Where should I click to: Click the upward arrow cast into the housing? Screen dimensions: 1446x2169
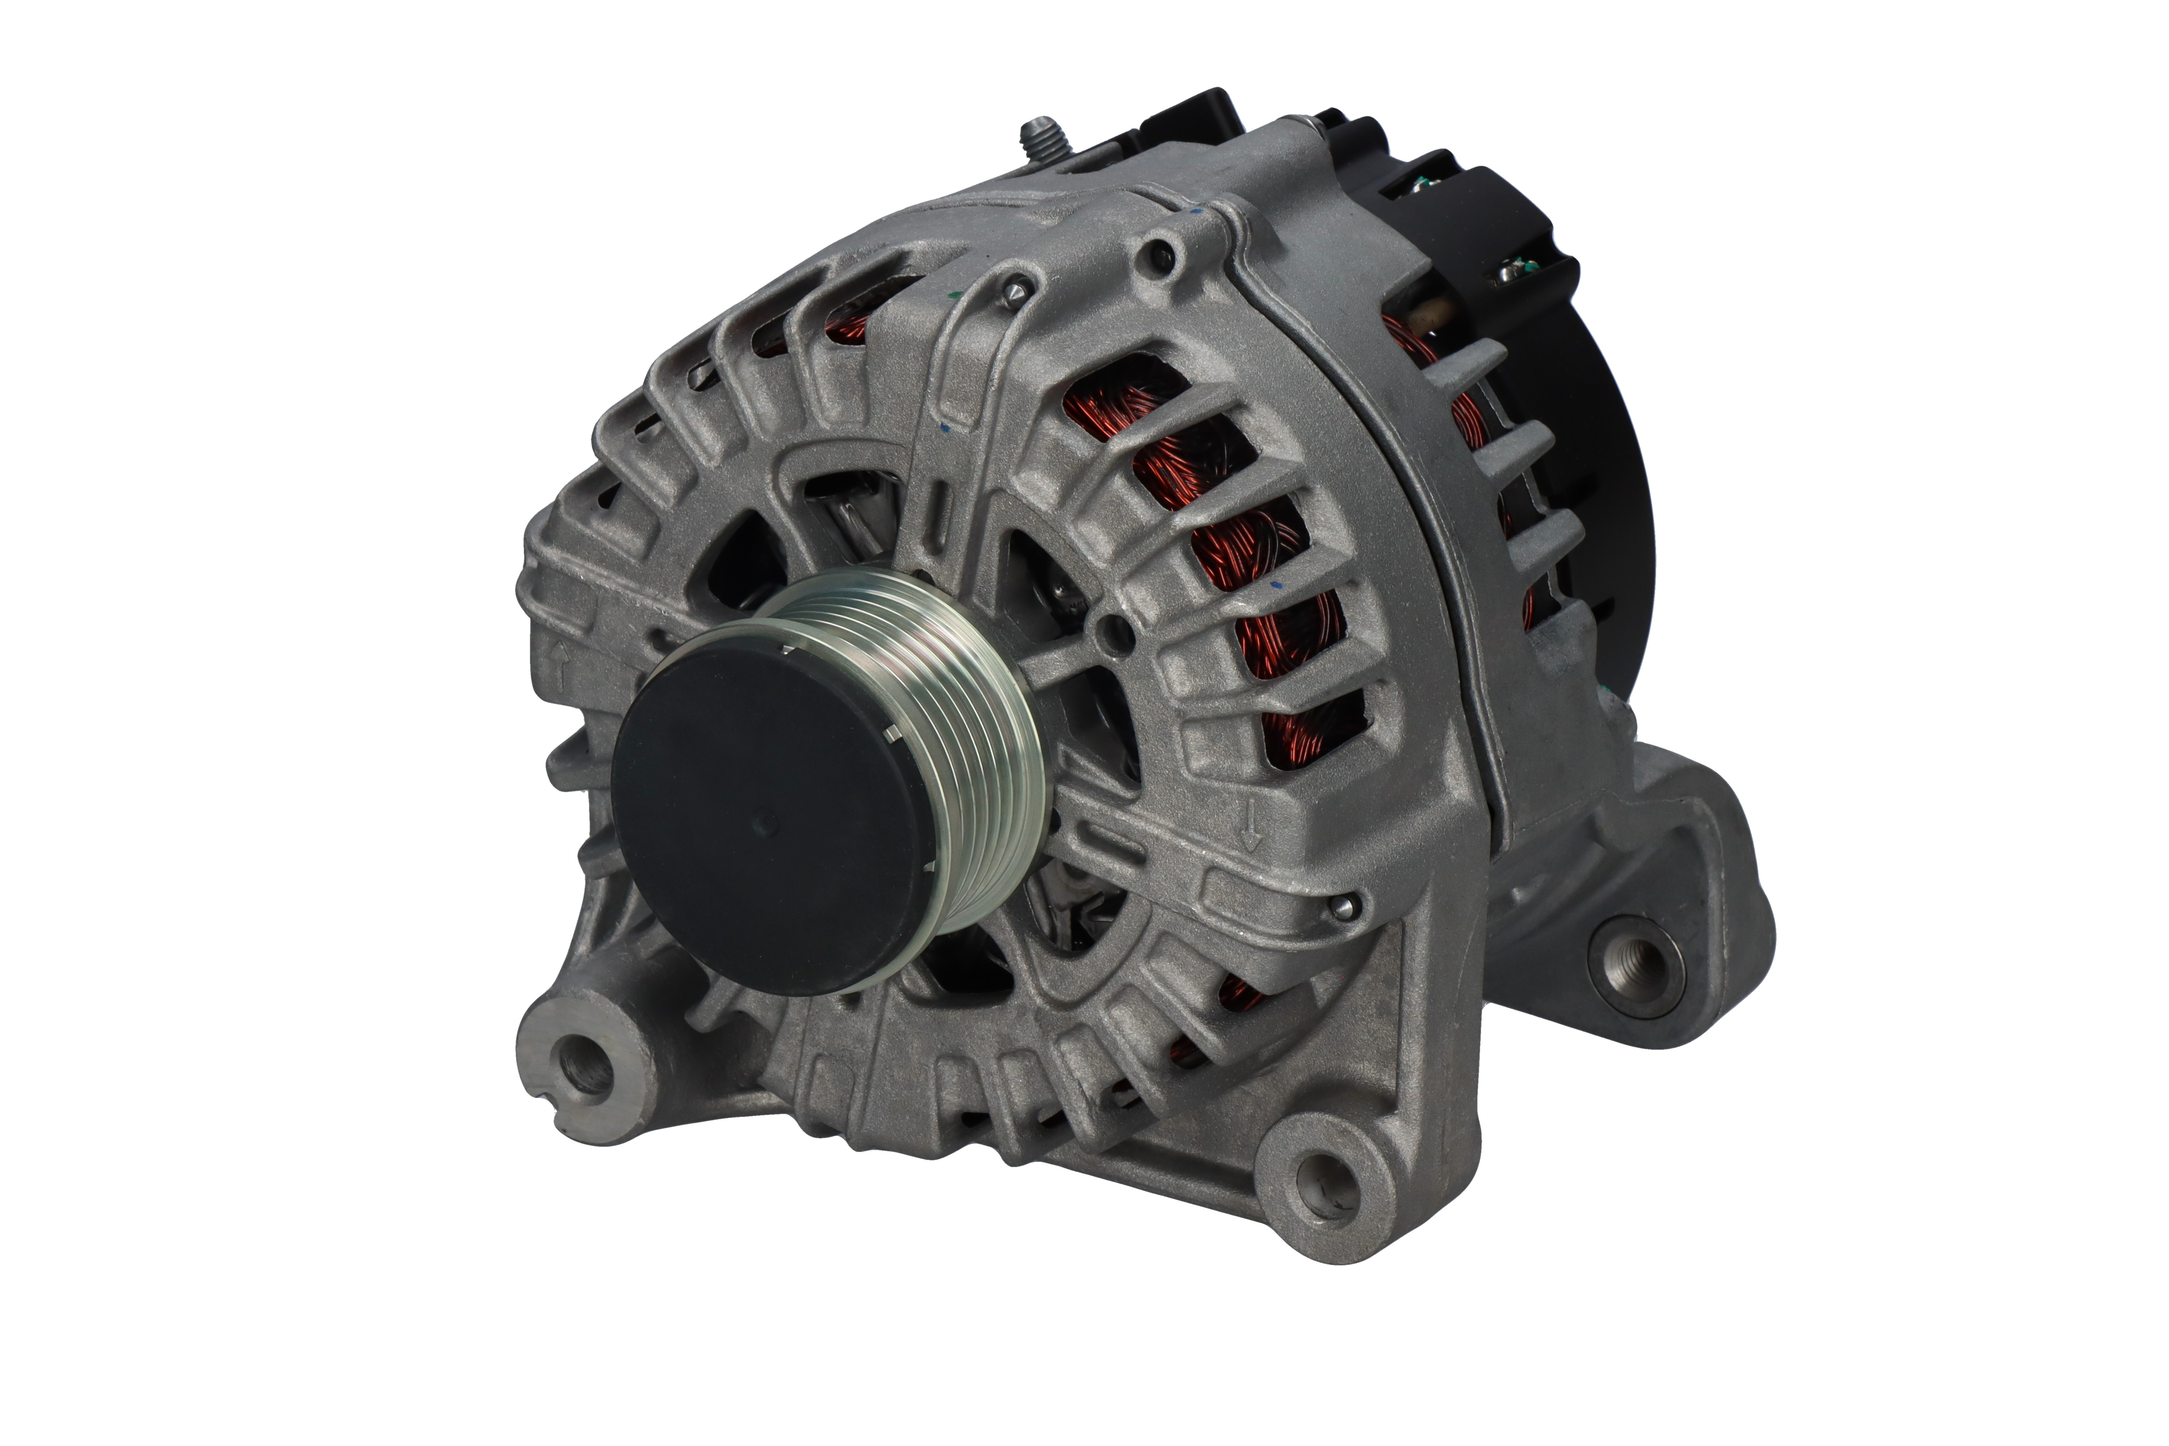(559, 657)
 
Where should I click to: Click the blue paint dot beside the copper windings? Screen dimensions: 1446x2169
(1277, 586)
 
